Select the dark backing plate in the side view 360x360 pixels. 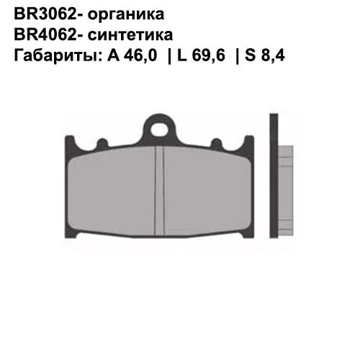(x=274, y=180)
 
